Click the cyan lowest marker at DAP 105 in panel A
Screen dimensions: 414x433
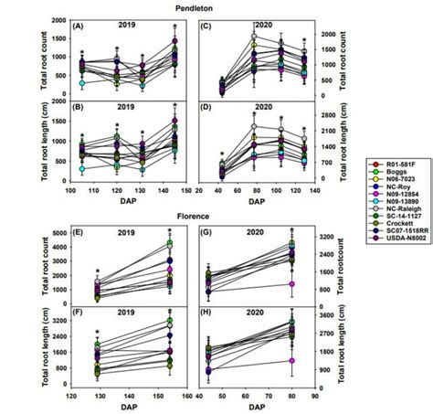[82, 83]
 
